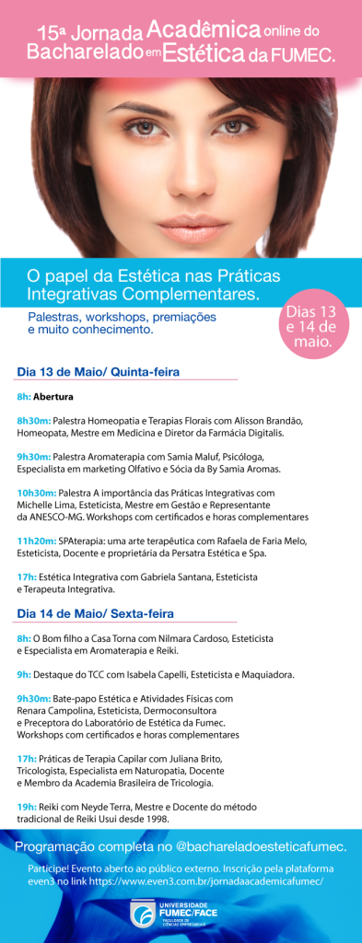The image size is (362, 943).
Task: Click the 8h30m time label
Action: (33, 420)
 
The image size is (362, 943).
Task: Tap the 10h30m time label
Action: (36, 493)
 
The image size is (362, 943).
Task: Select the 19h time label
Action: (25, 806)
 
